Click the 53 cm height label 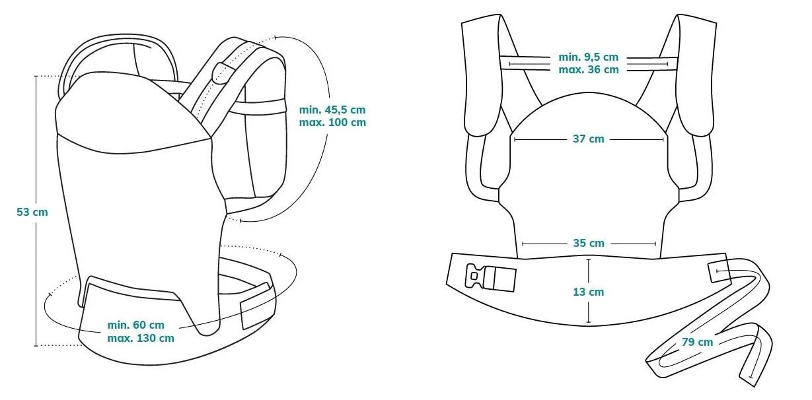coord(32,212)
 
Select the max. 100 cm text coord(332,123)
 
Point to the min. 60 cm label coord(135,325)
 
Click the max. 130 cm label coord(140,338)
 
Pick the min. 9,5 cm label coord(588,57)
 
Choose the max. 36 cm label coord(588,69)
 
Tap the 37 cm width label coord(588,139)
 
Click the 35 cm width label coord(588,243)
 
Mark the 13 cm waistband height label coord(588,292)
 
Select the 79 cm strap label coord(697,342)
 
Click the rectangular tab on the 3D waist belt coord(256,306)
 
